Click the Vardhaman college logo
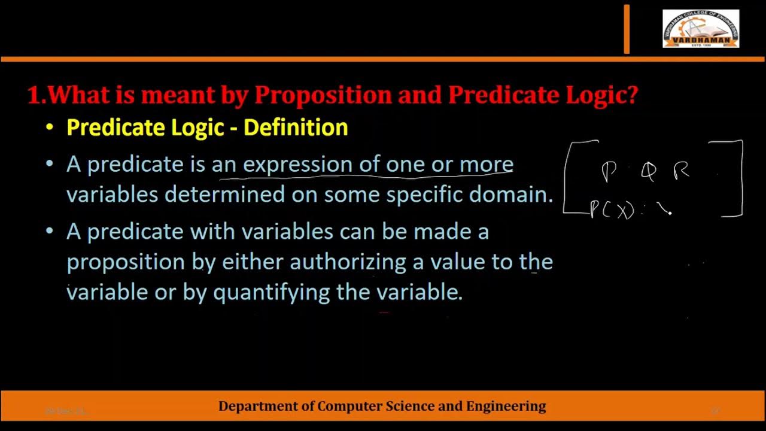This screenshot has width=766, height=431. point(700,29)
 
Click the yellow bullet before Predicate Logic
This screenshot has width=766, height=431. point(50,128)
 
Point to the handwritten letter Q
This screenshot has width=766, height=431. point(648,172)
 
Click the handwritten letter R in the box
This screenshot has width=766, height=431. point(682,171)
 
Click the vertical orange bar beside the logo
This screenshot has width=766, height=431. point(627,29)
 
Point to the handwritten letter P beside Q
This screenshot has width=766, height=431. point(609,172)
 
